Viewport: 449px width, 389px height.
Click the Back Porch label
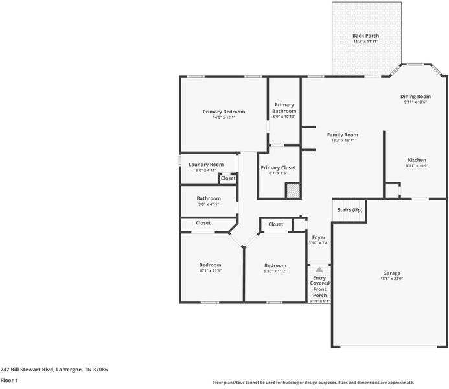[x=365, y=36]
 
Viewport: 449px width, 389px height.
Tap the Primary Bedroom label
[x=224, y=112]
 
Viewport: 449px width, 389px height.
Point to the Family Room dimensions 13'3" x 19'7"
[x=342, y=140]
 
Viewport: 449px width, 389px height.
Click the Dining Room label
[x=415, y=97]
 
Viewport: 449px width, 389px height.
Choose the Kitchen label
[x=417, y=160]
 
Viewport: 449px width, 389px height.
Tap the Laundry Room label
[x=206, y=165]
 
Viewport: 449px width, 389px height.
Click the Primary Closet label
[x=278, y=168]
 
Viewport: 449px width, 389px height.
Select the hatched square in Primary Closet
[x=294, y=191]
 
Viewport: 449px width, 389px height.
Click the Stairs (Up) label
[x=349, y=210]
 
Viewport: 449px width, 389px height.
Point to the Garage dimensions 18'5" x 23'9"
[x=391, y=279]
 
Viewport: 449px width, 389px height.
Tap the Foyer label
[x=318, y=237]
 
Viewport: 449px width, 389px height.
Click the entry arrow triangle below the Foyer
[x=319, y=270]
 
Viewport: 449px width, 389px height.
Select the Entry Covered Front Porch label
[x=320, y=283]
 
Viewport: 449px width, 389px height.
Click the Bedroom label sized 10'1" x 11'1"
[x=210, y=265]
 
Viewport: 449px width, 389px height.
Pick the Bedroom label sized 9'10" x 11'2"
[x=275, y=265]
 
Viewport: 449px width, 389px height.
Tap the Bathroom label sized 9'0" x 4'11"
[x=209, y=198]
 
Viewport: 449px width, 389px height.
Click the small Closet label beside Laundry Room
[x=227, y=178]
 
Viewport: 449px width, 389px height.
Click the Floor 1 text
[x=9, y=381]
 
